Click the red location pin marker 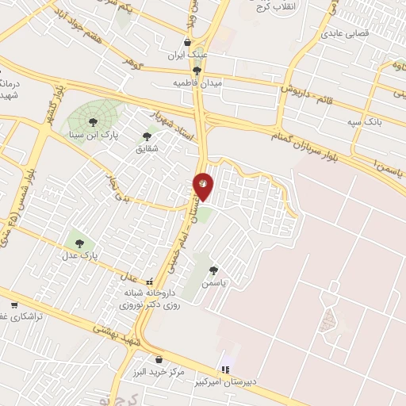click(x=204, y=185)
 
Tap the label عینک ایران click(x=188, y=56)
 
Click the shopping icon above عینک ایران click(x=188, y=43)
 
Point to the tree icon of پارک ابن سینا click(x=94, y=122)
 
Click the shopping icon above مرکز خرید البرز click(x=159, y=359)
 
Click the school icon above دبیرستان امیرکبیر click(x=227, y=370)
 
